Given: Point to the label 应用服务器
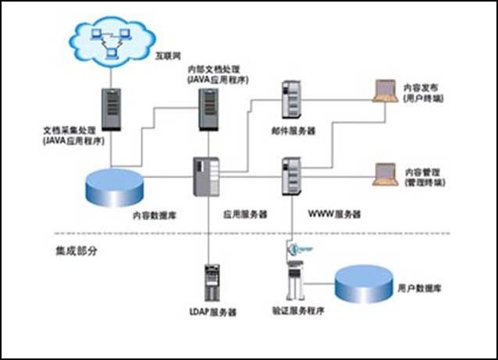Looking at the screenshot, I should [245, 212].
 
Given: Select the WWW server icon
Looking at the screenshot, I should [292, 176].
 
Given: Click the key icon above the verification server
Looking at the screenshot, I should [298, 250].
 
